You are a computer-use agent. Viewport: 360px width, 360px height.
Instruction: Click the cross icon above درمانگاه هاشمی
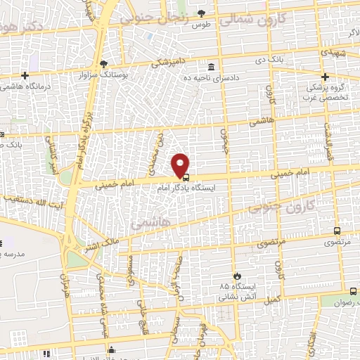coord(25,75)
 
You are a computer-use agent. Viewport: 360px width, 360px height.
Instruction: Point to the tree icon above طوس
coord(202,13)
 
